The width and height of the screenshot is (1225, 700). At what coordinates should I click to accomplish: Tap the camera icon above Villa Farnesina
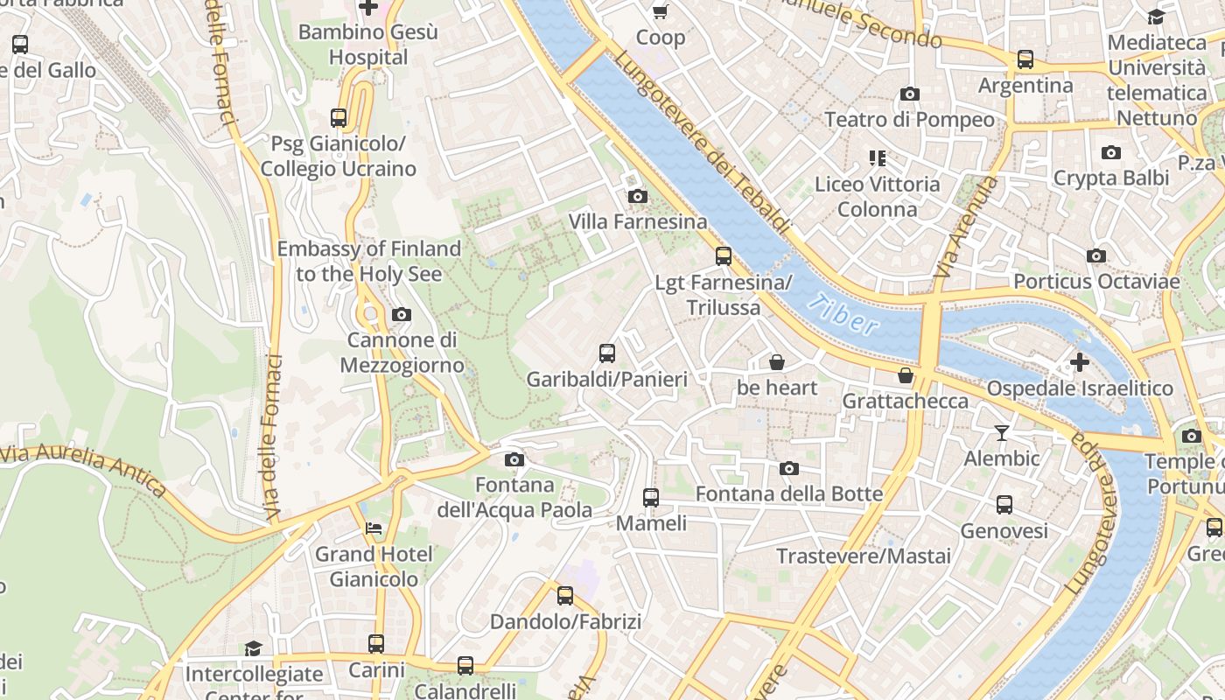(638, 196)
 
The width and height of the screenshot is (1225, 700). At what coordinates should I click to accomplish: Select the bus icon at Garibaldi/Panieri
(607, 353)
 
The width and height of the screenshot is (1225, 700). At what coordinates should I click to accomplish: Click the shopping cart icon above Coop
(661, 11)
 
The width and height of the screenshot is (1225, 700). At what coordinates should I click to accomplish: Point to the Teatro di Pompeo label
(910, 119)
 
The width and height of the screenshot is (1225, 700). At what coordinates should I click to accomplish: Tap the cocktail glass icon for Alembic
(1002, 432)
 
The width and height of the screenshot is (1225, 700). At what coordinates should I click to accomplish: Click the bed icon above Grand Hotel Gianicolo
(374, 528)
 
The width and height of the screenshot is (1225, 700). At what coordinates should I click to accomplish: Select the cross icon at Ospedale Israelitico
(1080, 361)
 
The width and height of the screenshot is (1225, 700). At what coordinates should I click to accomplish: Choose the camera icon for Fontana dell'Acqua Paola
(514, 459)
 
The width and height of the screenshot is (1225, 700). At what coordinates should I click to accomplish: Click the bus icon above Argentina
(1025, 59)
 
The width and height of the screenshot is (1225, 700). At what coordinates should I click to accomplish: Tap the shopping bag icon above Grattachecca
(906, 375)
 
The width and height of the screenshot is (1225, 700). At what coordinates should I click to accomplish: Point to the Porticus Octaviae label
(1096, 282)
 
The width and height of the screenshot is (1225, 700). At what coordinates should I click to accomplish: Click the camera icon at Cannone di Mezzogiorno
(402, 314)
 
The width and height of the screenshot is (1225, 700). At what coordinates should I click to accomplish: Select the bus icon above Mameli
(651, 498)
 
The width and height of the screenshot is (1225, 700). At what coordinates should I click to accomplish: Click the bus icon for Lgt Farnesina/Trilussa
(724, 256)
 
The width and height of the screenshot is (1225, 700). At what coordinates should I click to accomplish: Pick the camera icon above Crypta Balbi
(1111, 153)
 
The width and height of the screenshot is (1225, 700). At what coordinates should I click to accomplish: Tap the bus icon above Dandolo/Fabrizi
(565, 596)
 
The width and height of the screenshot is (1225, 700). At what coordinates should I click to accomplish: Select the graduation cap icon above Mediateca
(1156, 17)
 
